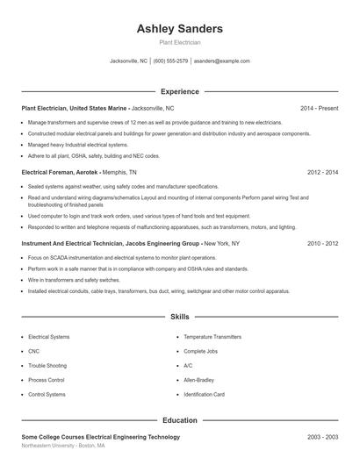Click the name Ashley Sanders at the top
(x=180, y=28)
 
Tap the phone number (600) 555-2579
(x=170, y=61)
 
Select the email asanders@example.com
(x=222, y=61)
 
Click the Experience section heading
(x=180, y=91)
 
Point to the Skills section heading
(x=180, y=316)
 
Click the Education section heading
(x=180, y=421)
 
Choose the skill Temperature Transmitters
(x=212, y=337)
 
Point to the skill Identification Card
(x=205, y=395)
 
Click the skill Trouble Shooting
(x=47, y=366)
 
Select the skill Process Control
(x=47, y=380)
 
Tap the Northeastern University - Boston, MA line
(x=63, y=446)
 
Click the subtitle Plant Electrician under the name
(x=180, y=42)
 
